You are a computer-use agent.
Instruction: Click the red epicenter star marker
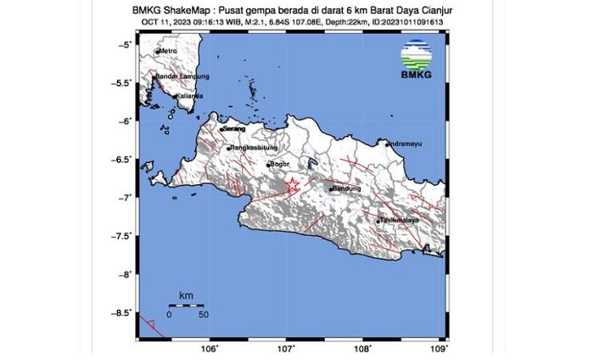click(x=292, y=184)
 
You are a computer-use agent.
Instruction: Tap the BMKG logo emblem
click(x=415, y=53)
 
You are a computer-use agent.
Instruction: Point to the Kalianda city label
click(x=190, y=96)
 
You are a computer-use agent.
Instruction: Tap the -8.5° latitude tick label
click(x=122, y=313)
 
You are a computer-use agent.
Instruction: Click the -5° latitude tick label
click(x=125, y=44)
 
